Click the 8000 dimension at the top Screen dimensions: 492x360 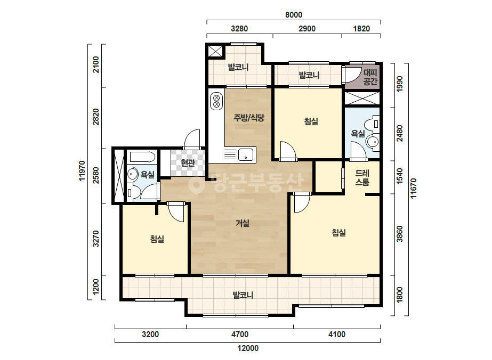click(x=293, y=15)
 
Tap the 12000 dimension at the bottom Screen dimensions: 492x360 click(x=248, y=348)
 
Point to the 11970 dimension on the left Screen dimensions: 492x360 click(x=82, y=171)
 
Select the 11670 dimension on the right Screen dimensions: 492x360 click(x=414, y=188)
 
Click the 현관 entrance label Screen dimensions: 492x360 click(x=188, y=163)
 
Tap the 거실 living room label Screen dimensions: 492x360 click(x=243, y=223)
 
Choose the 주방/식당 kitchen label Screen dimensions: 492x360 click(x=249, y=118)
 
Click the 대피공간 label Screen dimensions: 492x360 click(x=370, y=77)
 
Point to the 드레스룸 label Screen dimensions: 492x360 click(x=362, y=177)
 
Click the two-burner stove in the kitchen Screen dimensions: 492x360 click(x=216, y=101)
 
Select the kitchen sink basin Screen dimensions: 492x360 click(x=246, y=154)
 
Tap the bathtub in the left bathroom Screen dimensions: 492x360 click(x=142, y=157)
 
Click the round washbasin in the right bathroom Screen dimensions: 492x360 click(x=373, y=142)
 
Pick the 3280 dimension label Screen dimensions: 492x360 click(x=239, y=29)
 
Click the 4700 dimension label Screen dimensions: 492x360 click(x=240, y=334)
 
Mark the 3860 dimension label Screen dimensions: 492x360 click(x=399, y=234)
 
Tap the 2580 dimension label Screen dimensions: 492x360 click(x=96, y=175)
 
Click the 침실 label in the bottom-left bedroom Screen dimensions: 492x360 click(x=157, y=239)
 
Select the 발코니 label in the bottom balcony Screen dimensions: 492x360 click(x=243, y=295)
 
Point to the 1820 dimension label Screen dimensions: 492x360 click(x=361, y=29)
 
